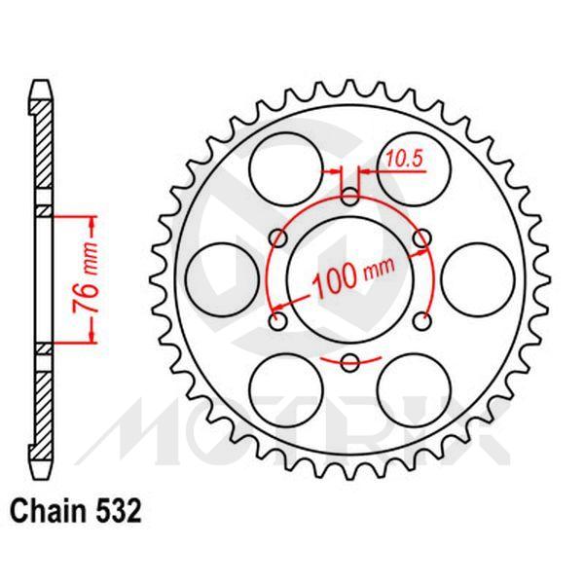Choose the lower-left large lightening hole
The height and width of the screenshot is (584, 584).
point(285,387)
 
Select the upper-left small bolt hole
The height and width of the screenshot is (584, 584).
point(277,237)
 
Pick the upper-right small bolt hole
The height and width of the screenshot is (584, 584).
point(421,237)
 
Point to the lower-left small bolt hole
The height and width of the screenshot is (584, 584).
point(277,320)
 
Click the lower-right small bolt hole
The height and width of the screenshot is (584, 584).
point(421,320)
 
